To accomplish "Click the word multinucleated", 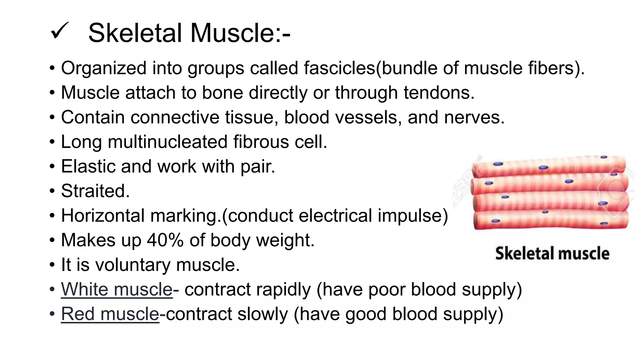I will click(167, 142).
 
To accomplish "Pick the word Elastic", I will click(88, 166).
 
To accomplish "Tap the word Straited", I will click(95, 191).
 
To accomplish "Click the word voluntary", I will click(133, 265).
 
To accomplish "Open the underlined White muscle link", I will click(117, 289).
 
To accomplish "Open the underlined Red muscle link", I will click(110, 314).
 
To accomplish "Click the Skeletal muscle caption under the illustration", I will click(552, 253).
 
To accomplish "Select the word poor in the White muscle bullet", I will click(387, 289).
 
